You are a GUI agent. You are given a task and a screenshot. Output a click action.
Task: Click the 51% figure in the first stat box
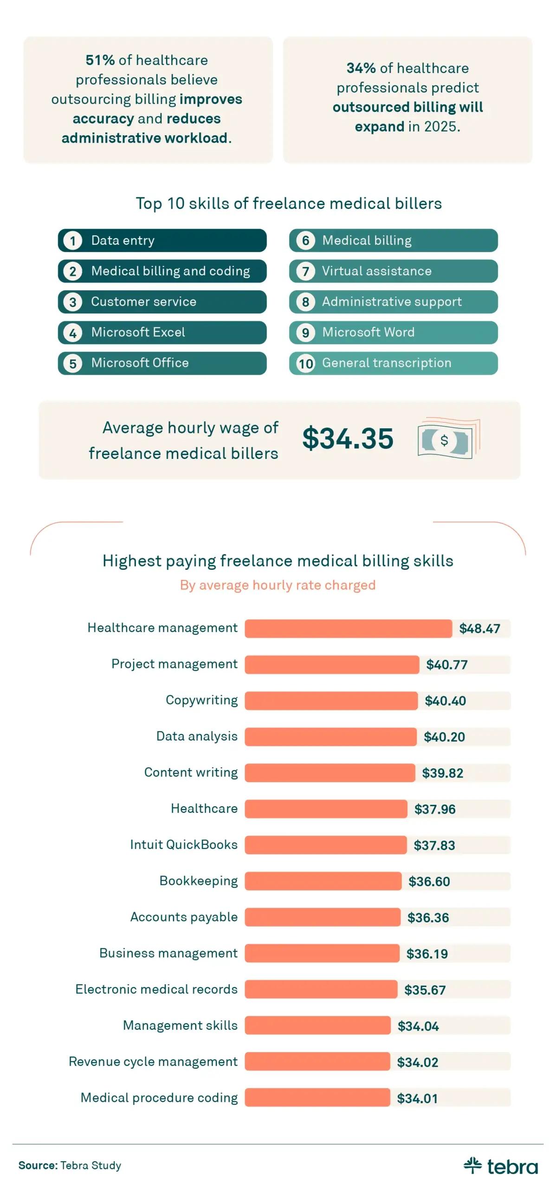(100, 60)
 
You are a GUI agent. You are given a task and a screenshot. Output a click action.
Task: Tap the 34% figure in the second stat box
(361, 68)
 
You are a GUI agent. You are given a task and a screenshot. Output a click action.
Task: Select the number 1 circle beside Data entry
(73, 241)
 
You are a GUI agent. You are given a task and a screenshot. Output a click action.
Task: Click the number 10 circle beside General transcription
(305, 363)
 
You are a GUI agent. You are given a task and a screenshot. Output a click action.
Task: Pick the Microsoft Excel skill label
(138, 333)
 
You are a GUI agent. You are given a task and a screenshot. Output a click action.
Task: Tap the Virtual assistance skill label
(376, 271)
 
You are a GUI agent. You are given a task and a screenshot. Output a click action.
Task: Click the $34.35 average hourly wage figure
(348, 438)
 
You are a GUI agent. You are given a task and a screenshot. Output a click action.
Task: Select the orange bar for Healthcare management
(348, 628)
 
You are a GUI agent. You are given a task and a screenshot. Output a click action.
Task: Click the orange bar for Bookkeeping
(323, 881)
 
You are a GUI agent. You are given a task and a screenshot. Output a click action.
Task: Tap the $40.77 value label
(446, 665)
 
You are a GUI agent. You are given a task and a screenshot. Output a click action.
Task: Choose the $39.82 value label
(442, 773)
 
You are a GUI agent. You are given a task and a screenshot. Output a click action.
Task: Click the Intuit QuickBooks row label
(184, 844)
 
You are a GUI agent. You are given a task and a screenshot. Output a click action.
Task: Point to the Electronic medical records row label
(156, 989)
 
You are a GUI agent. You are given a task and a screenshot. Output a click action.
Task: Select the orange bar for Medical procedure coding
(317, 1098)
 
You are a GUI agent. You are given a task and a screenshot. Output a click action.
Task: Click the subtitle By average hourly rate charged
(278, 585)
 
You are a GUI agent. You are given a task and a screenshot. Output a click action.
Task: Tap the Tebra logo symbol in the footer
(472, 1165)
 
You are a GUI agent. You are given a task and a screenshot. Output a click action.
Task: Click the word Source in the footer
(38, 1165)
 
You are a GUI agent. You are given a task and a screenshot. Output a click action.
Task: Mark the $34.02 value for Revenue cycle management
(417, 1062)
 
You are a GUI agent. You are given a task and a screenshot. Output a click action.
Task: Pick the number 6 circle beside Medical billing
(305, 241)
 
